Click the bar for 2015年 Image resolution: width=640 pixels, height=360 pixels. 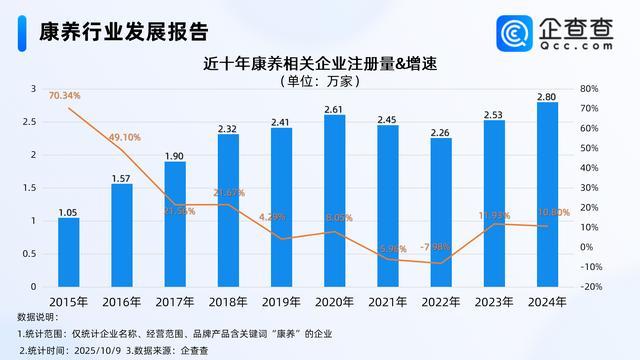tap(68, 252)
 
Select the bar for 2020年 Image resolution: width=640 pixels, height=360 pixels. tap(336, 200)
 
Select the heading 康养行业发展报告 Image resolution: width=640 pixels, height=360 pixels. tap(109, 30)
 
